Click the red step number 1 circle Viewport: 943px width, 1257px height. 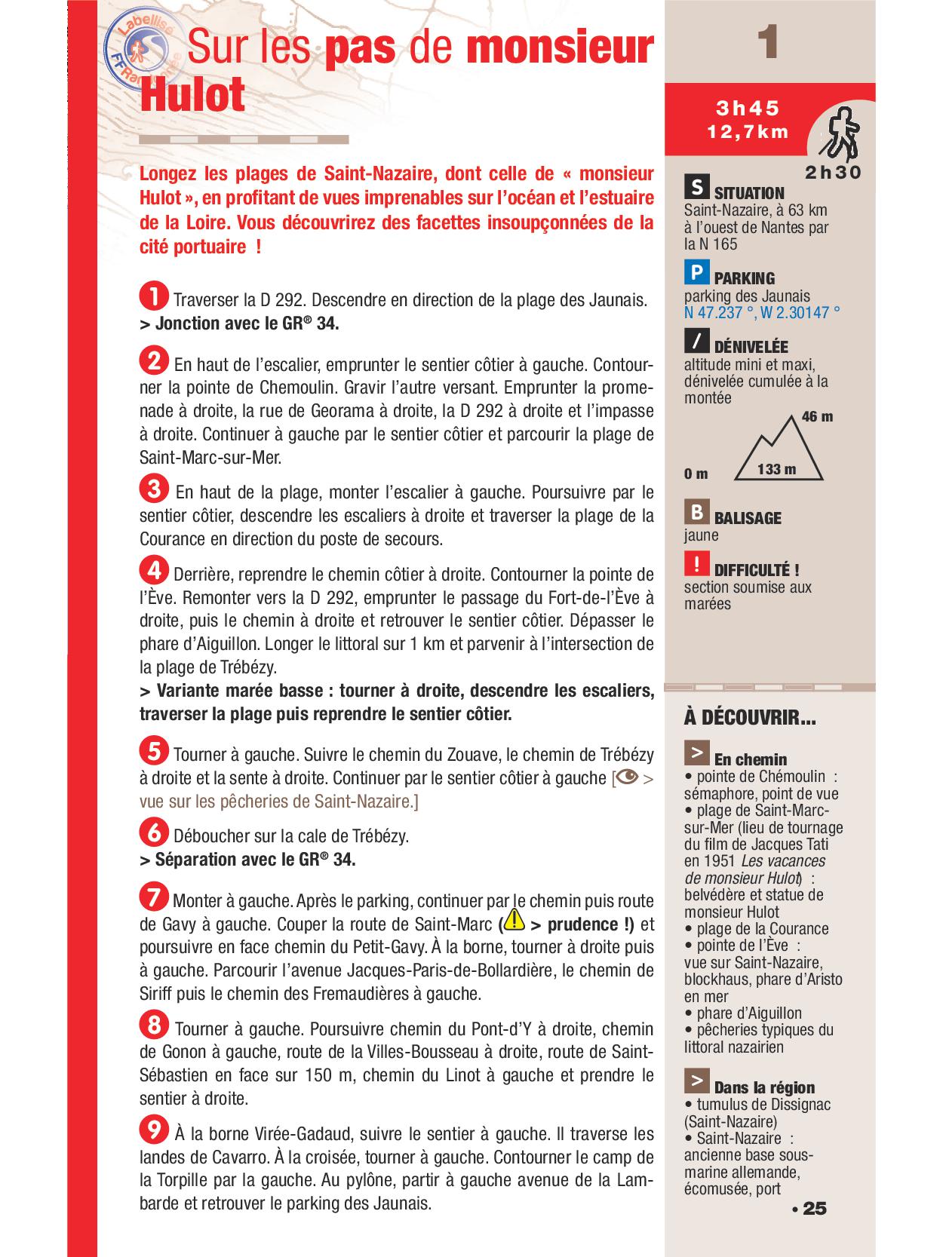pyautogui.click(x=154, y=296)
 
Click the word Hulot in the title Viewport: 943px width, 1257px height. pyautogui.click(x=192, y=96)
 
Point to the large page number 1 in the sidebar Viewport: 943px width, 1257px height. pyautogui.click(x=768, y=42)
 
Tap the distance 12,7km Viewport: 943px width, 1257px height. pyautogui.click(x=748, y=132)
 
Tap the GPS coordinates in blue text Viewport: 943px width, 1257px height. pyautogui.click(x=762, y=312)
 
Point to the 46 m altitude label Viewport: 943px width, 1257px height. pyautogui.click(x=817, y=417)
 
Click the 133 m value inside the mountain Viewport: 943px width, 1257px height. pyautogui.click(x=777, y=469)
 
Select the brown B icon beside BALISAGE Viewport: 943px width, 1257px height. pyautogui.click(x=696, y=512)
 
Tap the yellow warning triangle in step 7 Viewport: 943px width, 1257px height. pyautogui.click(x=515, y=920)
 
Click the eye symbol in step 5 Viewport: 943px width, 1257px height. pyautogui.click(x=628, y=777)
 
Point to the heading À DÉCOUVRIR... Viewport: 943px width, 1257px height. pyautogui.click(x=749, y=718)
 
